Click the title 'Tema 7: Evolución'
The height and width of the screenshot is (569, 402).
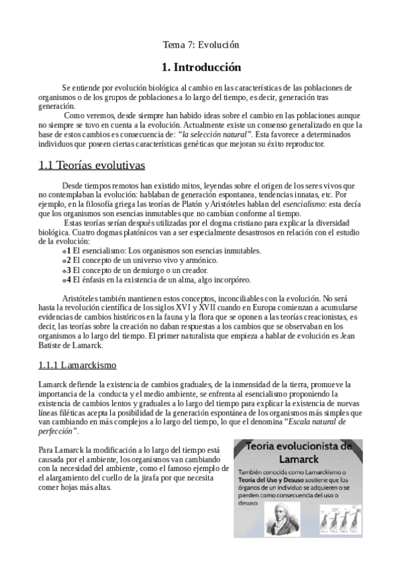tap(201, 45)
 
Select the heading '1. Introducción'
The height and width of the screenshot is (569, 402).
tap(201, 67)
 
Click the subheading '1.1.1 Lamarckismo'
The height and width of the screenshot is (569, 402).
tap(78, 365)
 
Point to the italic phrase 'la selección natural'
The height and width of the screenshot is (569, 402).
tap(215, 134)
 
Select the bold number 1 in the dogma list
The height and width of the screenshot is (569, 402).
tap(68, 250)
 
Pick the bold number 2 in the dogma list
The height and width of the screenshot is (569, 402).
tap(68, 260)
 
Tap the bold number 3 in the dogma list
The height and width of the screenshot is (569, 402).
tap(68, 270)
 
